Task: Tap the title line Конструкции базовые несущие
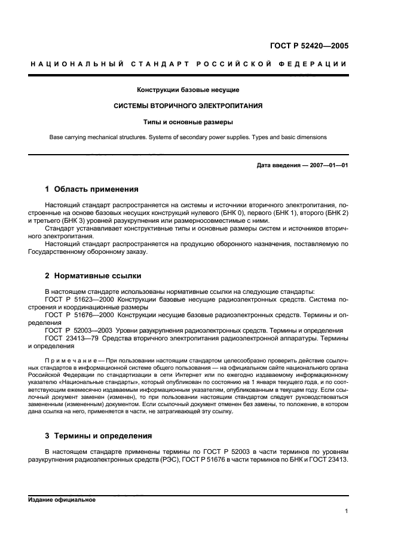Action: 188,90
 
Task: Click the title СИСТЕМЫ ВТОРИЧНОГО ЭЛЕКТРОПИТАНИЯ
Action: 188,106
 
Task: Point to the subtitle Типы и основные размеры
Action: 188,122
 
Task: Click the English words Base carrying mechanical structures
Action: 97,137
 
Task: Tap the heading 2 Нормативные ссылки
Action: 93,277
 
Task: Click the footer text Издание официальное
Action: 62,499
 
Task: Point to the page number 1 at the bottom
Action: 347,511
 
